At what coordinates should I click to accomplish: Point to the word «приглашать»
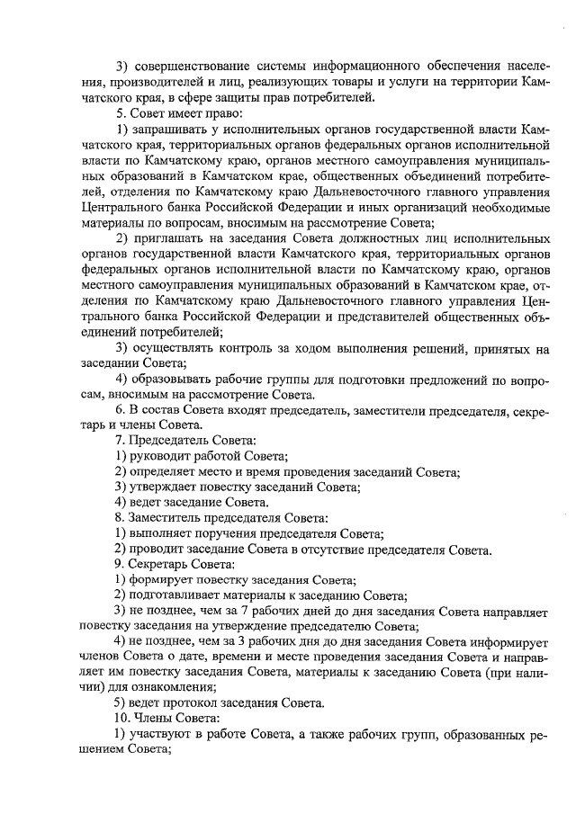pos(169,238)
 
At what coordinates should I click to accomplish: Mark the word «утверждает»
pos(166,488)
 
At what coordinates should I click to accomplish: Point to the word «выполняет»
pos(164,534)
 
